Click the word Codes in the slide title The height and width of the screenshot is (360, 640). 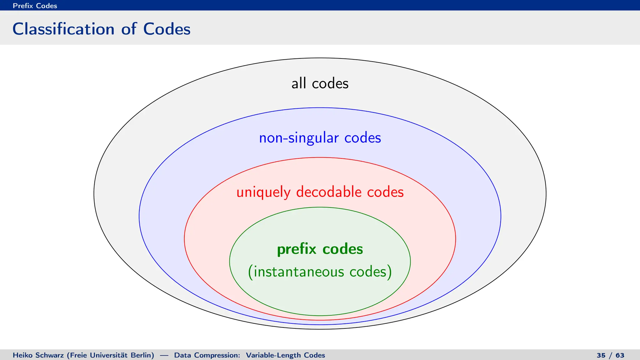coord(167,29)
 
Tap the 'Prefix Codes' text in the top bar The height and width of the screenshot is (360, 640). coord(35,6)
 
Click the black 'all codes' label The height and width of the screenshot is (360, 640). coord(320,83)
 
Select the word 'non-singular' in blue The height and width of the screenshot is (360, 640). coord(299,138)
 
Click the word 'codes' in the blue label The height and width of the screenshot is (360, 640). coord(362,138)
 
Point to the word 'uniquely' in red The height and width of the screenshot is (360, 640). coord(263,192)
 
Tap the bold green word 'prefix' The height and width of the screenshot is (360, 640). coord(297,249)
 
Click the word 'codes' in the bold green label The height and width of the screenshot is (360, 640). coord(342,249)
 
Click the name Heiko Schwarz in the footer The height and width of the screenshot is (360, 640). coord(38,355)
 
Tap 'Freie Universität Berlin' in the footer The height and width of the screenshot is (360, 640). coord(111,355)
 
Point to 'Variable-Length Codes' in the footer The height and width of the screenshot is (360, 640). coord(285,355)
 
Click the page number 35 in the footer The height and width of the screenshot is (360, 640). coord(601,355)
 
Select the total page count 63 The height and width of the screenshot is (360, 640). coord(620,355)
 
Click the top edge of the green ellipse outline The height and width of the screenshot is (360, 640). coord(320,207)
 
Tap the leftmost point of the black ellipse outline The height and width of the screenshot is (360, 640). coord(94,194)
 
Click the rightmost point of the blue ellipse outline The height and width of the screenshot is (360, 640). coord(501,216)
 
